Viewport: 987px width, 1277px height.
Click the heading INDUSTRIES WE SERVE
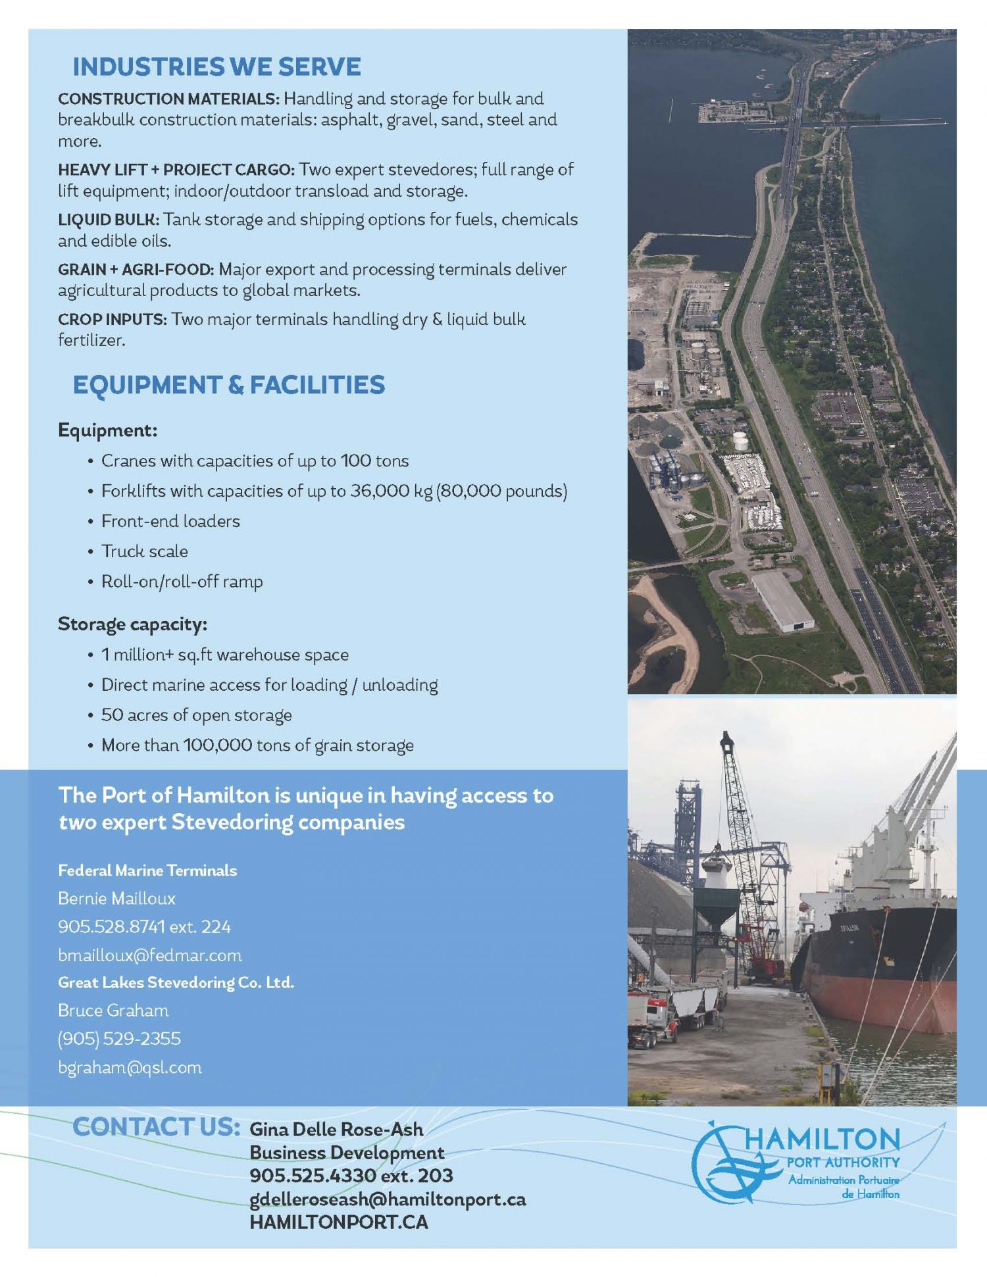point(216,67)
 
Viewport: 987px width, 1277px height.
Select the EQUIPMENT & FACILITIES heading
point(228,386)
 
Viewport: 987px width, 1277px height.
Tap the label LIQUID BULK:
point(109,219)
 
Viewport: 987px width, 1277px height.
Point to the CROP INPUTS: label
point(113,319)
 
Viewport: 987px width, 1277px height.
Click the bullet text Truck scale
point(144,551)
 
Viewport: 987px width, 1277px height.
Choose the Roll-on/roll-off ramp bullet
point(182,582)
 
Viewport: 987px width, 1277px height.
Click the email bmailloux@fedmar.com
point(149,955)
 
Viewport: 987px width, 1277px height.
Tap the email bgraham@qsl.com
point(130,1067)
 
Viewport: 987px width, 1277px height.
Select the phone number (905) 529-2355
point(119,1039)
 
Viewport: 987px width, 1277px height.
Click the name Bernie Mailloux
point(116,898)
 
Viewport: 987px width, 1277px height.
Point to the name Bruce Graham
point(113,1010)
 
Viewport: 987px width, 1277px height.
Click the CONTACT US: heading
point(156,1127)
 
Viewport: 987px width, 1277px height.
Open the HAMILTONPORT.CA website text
point(338,1222)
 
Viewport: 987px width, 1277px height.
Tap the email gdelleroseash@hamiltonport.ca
point(387,1199)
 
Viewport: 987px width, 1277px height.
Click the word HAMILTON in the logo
point(822,1139)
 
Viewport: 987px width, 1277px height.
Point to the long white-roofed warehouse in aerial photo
point(782,601)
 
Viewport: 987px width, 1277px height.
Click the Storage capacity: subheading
point(132,624)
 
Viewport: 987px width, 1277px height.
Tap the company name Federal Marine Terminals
point(147,870)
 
